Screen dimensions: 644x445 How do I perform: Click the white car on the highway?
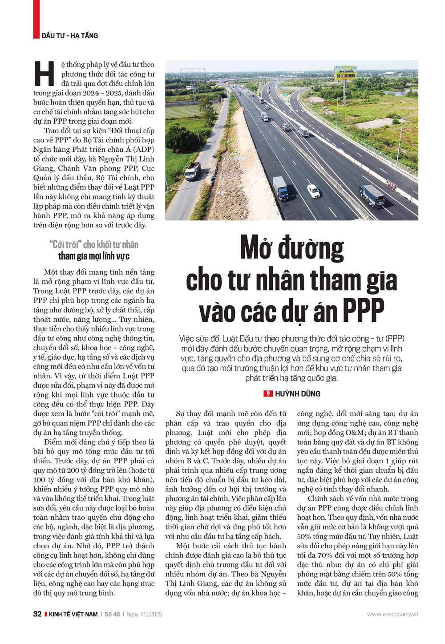[313, 191]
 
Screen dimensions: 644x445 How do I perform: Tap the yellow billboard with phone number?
[345, 73]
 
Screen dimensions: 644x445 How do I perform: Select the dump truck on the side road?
[193, 171]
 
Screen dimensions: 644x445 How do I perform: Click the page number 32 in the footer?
[37, 614]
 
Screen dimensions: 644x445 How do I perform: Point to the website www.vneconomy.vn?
[392, 614]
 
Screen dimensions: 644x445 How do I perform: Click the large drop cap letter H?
[44, 74]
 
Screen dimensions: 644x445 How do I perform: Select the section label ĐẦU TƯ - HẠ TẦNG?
[69, 36]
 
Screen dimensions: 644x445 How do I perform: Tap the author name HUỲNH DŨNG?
[297, 394]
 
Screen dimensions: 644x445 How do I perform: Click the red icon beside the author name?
[268, 394]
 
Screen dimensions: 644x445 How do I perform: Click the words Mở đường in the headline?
[291, 248]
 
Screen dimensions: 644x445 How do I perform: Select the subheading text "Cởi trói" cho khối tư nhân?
[93, 244]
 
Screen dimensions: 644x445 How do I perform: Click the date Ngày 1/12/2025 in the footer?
[144, 614]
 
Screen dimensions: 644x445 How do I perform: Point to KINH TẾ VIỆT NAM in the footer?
[73, 614]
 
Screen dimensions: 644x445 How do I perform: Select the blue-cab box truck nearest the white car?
[281, 188]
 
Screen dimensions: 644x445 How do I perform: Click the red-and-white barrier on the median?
[392, 183]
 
